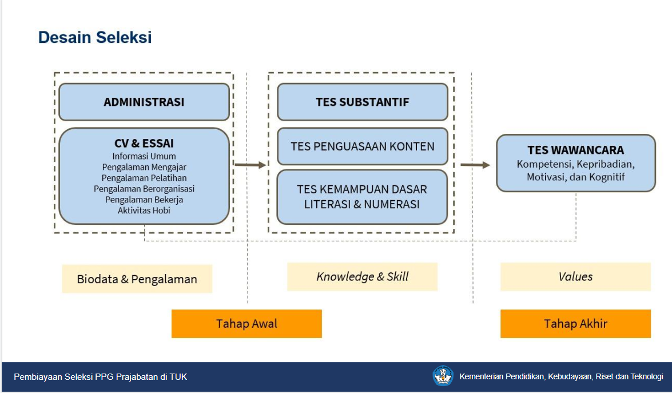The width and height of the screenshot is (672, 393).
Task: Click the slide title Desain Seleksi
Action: (x=95, y=37)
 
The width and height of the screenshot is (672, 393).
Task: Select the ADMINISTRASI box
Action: (x=144, y=102)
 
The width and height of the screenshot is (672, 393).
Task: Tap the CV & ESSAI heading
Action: (x=144, y=143)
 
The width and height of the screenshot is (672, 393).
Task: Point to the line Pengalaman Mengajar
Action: (x=144, y=167)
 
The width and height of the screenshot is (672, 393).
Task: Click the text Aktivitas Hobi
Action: (x=144, y=211)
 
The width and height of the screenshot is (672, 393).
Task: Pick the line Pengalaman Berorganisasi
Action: (x=144, y=189)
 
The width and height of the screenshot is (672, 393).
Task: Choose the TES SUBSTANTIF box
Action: (x=363, y=102)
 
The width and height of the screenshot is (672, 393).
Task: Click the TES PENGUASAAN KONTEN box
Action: (x=363, y=146)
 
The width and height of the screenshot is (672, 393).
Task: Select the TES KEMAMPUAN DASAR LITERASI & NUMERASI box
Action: (x=362, y=197)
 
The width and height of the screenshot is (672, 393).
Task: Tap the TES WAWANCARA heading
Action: (x=575, y=150)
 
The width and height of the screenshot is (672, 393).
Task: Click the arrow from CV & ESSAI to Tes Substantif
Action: (x=250, y=165)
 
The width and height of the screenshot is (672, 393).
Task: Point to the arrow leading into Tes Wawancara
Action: (x=475, y=165)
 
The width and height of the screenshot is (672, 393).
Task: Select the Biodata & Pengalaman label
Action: (x=137, y=279)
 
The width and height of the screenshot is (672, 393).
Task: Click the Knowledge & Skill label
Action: (x=362, y=277)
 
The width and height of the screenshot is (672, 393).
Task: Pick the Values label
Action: (x=575, y=277)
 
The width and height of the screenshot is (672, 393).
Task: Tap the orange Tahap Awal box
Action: (x=246, y=324)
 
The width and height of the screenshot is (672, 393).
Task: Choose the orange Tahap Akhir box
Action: (x=575, y=324)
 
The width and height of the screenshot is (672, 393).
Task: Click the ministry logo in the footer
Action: (x=443, y=376)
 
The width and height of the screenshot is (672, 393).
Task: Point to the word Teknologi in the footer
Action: (x=646, y=377)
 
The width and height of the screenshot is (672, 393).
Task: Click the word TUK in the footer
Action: (x=178, y=377)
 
